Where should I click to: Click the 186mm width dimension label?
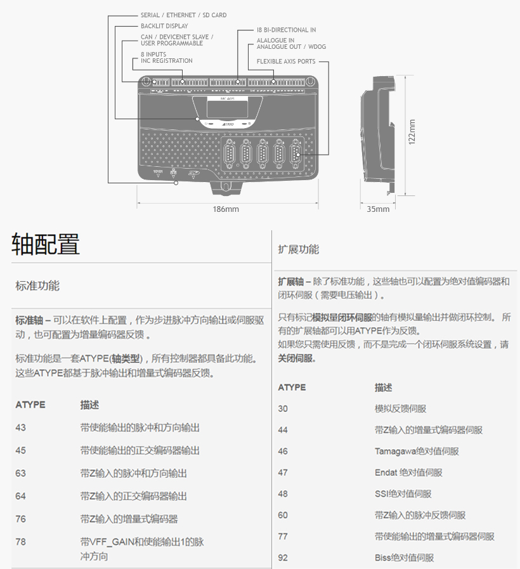point(226,209)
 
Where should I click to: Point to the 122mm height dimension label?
point(412,132)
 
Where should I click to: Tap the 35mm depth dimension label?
point(378,209)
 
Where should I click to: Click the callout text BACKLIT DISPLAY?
point(164,26)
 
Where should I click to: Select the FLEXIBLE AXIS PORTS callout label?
point(286,62)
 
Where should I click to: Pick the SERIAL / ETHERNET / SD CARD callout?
point(183,15)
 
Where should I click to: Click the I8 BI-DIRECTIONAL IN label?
point(286,30)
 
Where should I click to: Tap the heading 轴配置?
point(46,244)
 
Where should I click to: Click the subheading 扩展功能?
point(298,249)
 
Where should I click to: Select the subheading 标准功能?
point(37,285)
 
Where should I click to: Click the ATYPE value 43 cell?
point(21,428)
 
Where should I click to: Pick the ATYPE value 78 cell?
point(21,542)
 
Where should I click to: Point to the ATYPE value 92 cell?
point(283,558)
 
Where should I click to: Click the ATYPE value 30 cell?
point(283,409)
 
